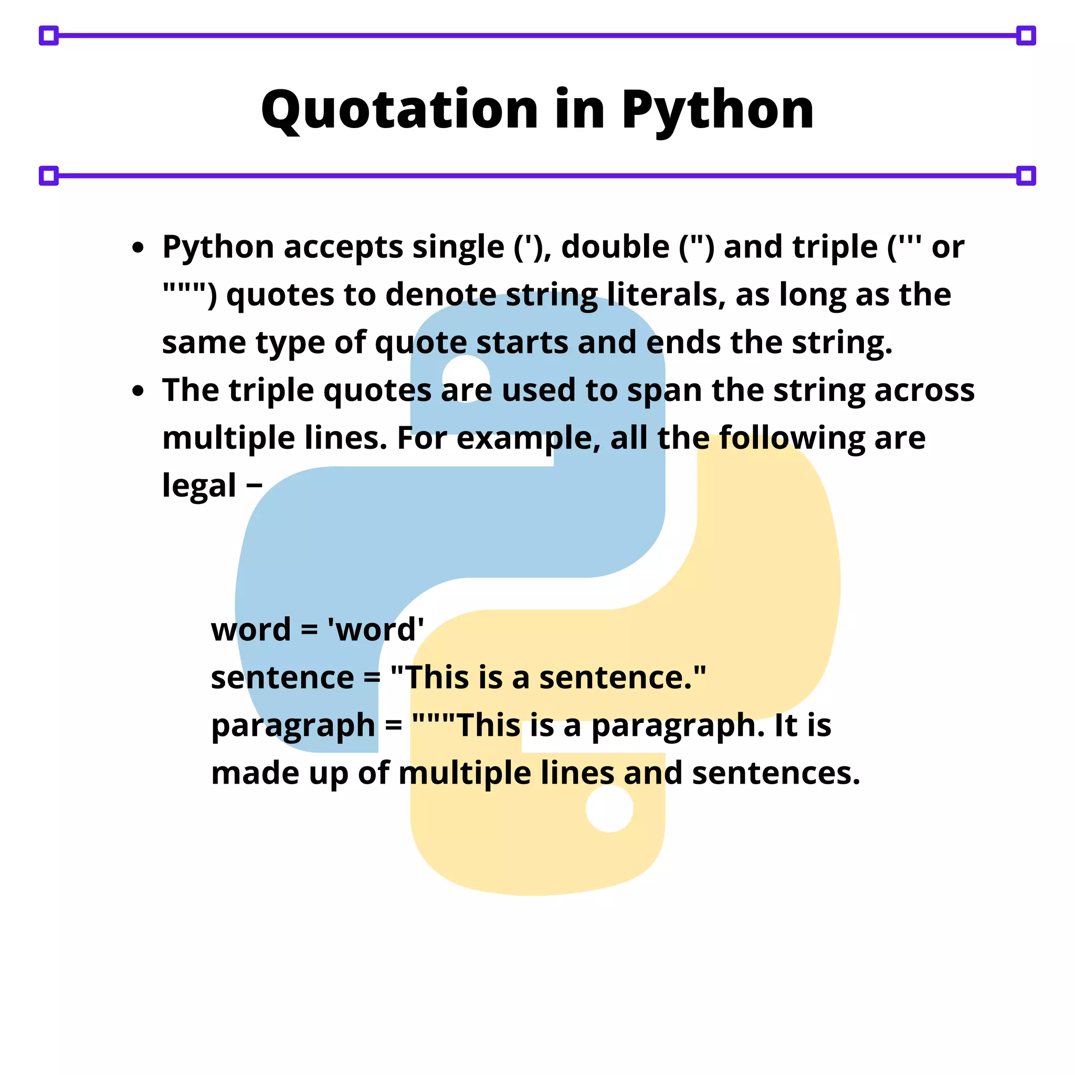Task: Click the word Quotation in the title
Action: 399,110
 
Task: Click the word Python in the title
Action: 717,110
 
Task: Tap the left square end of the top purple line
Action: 49,36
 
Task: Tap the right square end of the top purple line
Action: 1026,36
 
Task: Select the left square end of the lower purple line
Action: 49,176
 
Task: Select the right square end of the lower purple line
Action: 1026,176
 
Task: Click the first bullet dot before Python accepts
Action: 138,248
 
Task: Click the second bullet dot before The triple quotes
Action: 138,391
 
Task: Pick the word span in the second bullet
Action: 665,391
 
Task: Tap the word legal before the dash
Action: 198,486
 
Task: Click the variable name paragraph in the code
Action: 293,726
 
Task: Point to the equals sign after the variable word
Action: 309,630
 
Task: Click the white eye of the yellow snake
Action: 609,808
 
